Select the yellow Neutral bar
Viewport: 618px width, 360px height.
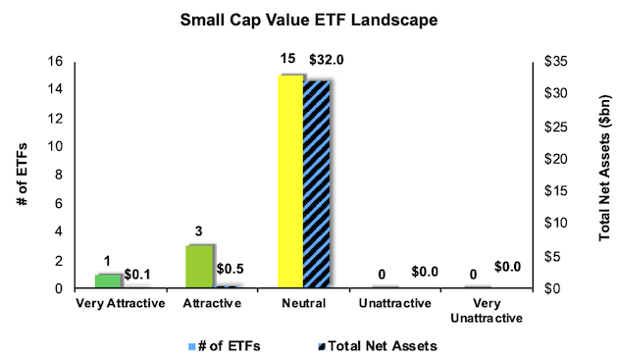coord(289,182)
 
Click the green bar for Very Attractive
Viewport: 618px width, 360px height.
coord(107,281)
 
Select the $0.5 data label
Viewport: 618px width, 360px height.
coord(232,269)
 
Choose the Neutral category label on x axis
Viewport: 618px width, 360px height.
coord(303,304)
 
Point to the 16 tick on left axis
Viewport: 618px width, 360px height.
coord(56,62)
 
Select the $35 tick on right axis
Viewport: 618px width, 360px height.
coord(556,62)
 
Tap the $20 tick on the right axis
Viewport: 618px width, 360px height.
coord(556,159)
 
